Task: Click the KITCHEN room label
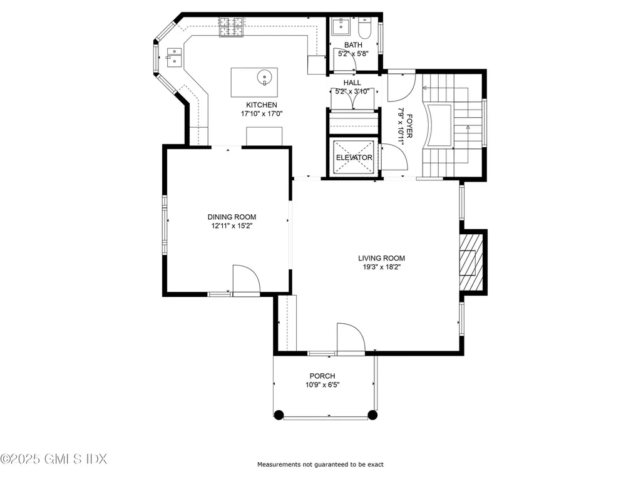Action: pyautogui.click(x=261, y=105)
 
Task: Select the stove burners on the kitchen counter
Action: pyautogui.click(x=232, y=27)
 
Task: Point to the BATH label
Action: pyautogui.click(x=353, y=45)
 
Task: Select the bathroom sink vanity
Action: pyautogui.click(x=342, y=26)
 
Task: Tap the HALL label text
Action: pyautogui.click(x=352, y=83)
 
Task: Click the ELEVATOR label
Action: pyautogui.click(x=354, y=157)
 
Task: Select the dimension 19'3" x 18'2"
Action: pyautogui.click(x=381, y=267)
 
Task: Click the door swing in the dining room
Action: pyautogui.click(x=245, y=279)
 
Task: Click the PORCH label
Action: pyautogui.click(x=322, y=376)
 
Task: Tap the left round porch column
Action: pyautogui.click(x=279, y=414)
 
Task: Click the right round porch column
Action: pyautogui.click(x=372, y=414)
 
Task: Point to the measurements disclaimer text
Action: pyautogui.click(x=320, y=464)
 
